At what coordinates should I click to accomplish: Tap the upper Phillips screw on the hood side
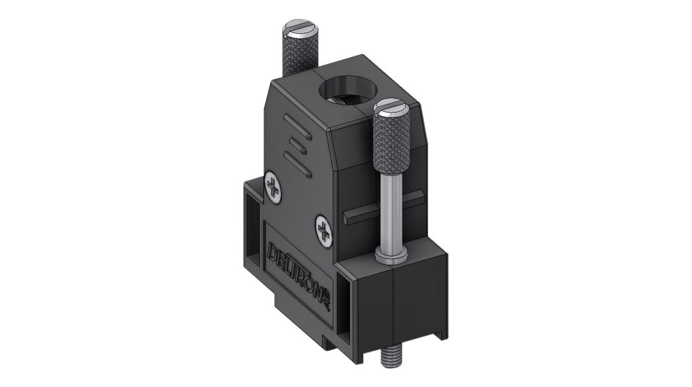(x=274, y=187)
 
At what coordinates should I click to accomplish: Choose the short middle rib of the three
(x=294, y=145)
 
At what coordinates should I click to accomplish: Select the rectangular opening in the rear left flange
(x=252, y=224)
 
